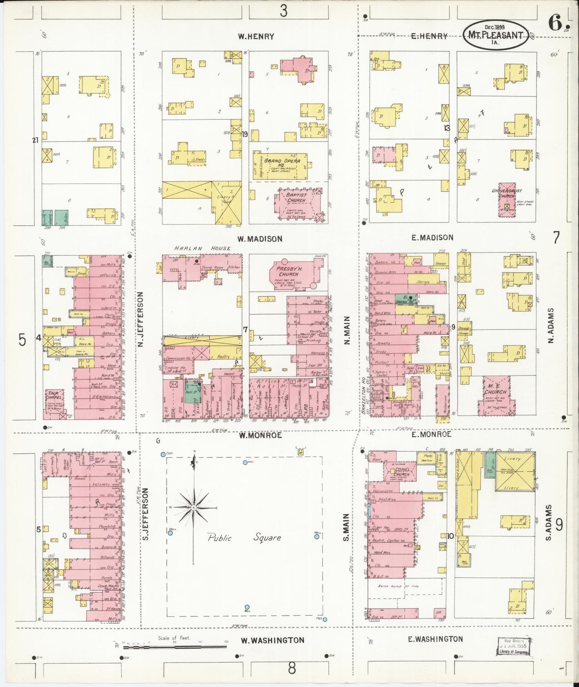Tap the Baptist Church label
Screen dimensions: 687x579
[x=296, y=198]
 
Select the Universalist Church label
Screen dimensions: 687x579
[x=507, y=194]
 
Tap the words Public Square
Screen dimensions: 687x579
[x=244, y=537]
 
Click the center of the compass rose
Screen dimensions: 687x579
[x=194, y=507]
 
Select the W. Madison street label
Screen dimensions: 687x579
[x=260, y=239]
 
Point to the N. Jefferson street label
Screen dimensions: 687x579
[x=140, y=319]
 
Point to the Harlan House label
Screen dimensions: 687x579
[x=202, y=248]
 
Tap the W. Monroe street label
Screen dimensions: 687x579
[x=260, y=435]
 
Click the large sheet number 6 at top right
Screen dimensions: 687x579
[x=555, y=23]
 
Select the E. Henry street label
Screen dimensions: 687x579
[x=429, y=36]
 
